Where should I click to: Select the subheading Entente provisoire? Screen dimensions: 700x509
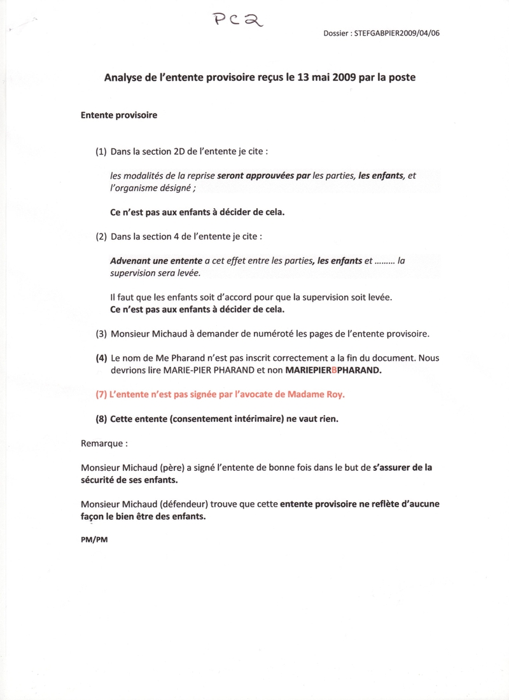click(119, 115)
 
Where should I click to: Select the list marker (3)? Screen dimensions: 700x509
click(102, 333)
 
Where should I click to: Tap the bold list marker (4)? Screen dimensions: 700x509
click(102, 358)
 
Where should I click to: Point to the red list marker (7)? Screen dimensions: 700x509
click(102, 395)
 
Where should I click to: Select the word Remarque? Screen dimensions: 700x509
click(101, 442)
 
